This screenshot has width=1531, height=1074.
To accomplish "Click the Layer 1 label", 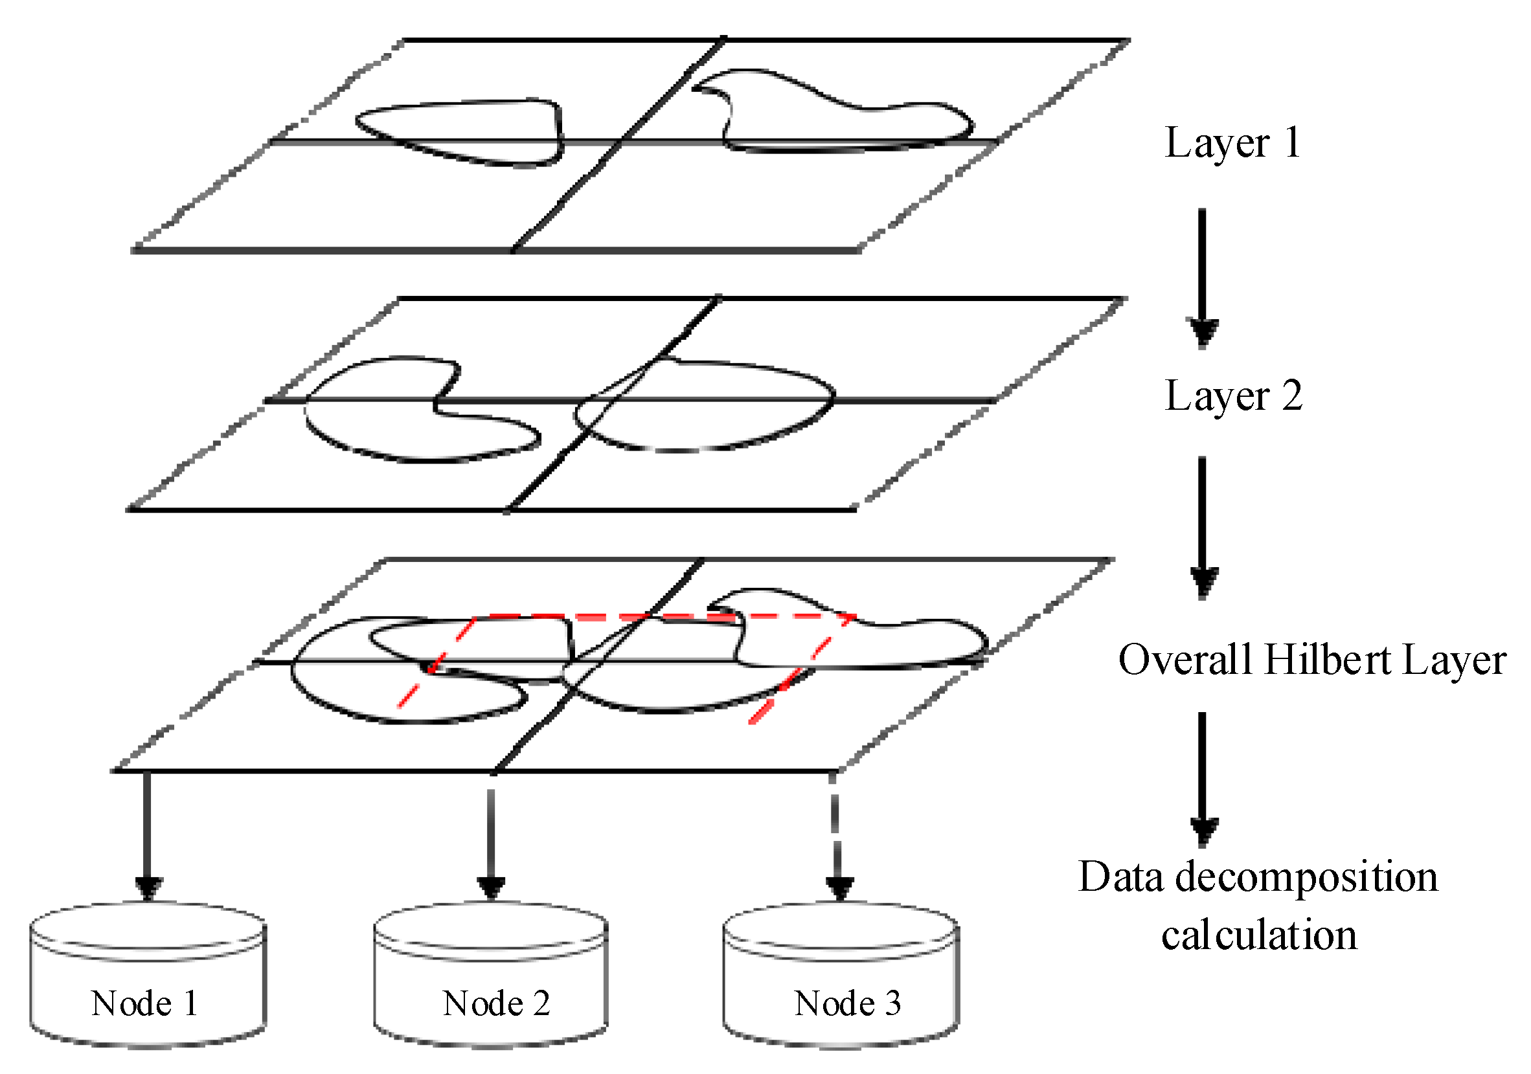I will pos(1232,142).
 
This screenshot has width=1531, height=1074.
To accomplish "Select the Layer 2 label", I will pos(1233,396).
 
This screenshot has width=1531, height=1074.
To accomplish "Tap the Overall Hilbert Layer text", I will pos(1311,660).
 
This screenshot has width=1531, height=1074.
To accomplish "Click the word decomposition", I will pos(1306,877).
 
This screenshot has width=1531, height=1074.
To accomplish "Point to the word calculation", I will pos(1258,935).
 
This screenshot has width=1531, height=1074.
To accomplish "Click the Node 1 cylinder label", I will pos(144,1003).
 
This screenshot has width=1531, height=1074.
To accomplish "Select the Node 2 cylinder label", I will pos(496,1003).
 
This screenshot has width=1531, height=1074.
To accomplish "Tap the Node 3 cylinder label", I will pos(848,1003).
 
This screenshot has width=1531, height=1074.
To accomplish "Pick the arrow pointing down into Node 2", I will pos(491,840).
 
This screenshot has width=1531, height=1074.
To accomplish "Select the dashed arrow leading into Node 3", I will pos(837,840).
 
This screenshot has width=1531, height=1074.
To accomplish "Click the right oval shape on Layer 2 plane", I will pos(707,407).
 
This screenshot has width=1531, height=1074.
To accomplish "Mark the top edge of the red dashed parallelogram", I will pos(667,618).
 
